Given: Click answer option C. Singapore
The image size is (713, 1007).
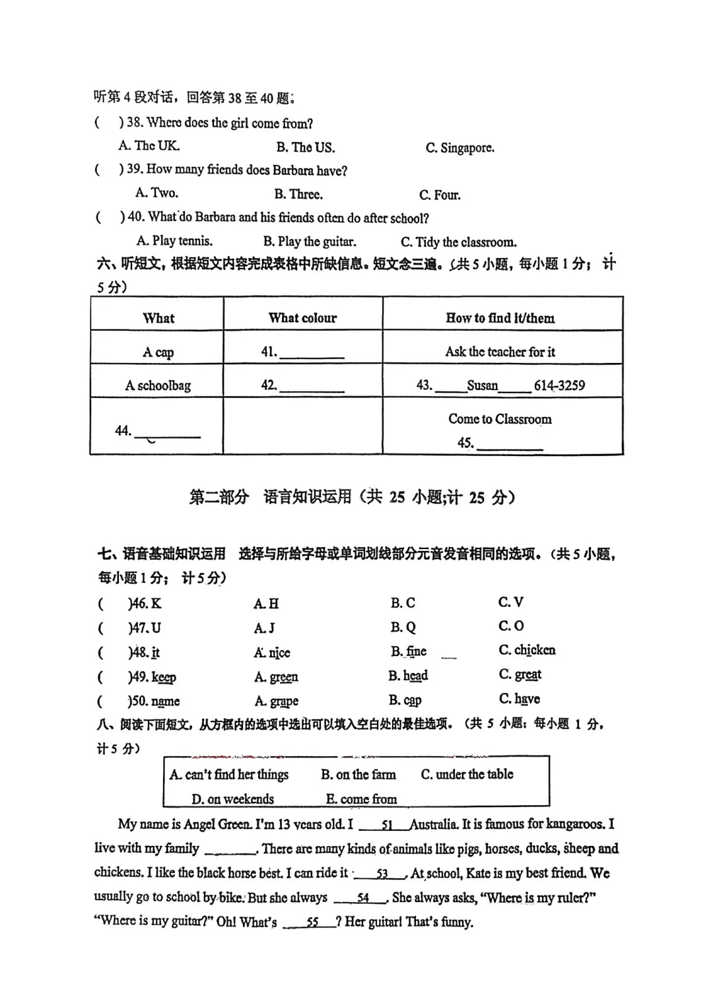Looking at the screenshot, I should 459,148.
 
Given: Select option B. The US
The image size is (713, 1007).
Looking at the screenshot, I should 306,147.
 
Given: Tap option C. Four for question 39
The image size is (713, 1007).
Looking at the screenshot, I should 440,195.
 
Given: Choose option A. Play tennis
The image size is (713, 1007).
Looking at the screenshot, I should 175,241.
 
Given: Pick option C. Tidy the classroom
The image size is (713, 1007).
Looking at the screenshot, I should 459,242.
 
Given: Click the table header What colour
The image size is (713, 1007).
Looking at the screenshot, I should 302,318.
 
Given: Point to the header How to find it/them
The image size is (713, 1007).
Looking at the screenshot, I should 500,318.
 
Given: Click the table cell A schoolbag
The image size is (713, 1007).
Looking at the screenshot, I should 158,385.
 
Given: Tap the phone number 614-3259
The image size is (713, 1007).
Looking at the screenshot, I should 559,385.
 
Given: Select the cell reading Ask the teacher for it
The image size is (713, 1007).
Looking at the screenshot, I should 500,352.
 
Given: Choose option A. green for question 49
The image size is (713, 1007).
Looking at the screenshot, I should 277,677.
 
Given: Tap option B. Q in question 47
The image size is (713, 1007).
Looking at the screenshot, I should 403,627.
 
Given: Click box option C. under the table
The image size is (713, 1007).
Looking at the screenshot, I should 467,774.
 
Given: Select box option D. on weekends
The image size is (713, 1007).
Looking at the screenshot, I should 232,799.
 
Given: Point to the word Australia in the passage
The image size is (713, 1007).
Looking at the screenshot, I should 433,824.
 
